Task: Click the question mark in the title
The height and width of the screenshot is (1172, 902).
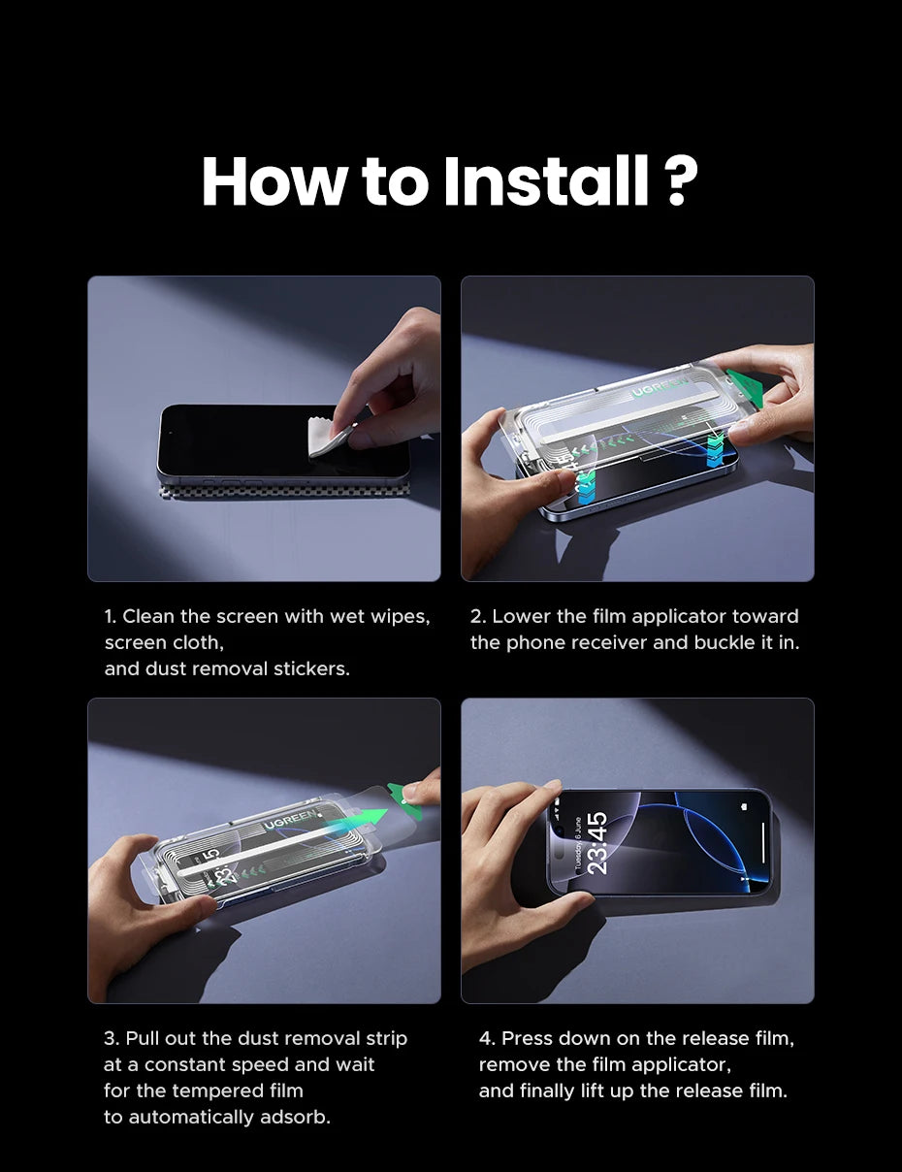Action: pos(683,180)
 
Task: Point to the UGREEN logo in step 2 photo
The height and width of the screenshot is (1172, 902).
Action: pos(661,390)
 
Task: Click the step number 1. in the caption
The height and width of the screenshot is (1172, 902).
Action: pos(111,617)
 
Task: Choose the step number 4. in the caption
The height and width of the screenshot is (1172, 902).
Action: pos(487,1039)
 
